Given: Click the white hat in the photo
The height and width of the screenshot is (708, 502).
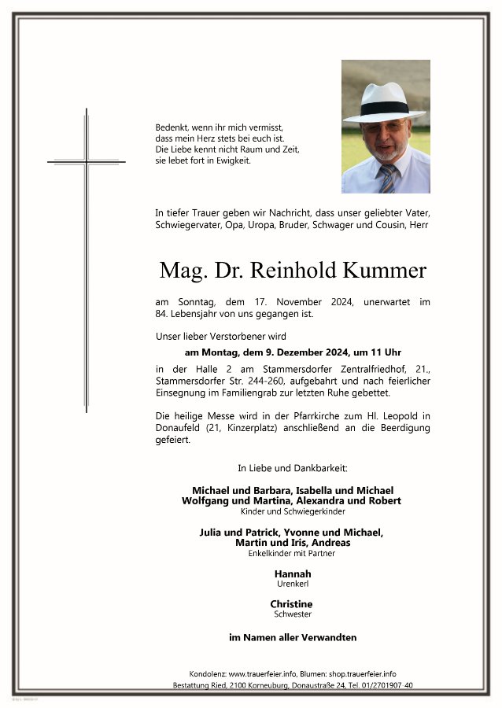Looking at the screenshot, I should pyautogui.click(x=384, y=103).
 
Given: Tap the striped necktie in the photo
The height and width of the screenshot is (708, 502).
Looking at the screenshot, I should pyautogui.click(x=389, y=179).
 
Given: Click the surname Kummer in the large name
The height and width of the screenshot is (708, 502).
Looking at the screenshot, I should pyautogui.click(x=385, y=271).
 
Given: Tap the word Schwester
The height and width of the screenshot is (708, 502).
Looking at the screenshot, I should pyautogui.click(x=293, y=614).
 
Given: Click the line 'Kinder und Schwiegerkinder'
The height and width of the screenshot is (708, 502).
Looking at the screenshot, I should pyautogui.click(x=293, y=511).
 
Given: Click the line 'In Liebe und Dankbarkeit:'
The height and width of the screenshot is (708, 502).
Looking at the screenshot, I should pyautogui.click(x=293, y=468).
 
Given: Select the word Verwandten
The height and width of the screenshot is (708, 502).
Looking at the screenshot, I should pyautogui.click(x=329, y=638).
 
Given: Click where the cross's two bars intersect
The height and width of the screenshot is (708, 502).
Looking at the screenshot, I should pyautogui.click(x=87, y=162).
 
